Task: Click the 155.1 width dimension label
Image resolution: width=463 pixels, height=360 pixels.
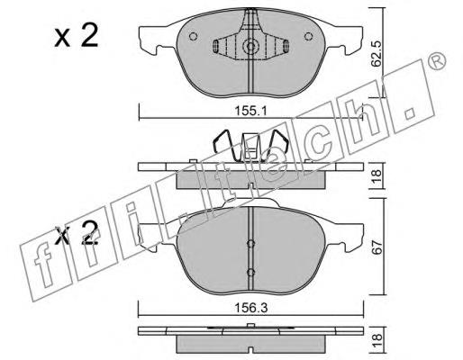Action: coord(250,112)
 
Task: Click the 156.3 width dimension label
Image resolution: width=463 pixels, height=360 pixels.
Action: coord(250,308)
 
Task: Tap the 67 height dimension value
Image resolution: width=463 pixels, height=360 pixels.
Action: coord(377,247)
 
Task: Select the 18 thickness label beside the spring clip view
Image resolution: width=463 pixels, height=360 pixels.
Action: coord(377,176)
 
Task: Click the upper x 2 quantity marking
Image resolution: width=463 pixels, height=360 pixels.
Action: coord(77,36)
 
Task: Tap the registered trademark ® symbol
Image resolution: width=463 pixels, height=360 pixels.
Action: coord(436,61)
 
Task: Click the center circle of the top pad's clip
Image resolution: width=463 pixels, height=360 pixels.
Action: coord(250,46)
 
